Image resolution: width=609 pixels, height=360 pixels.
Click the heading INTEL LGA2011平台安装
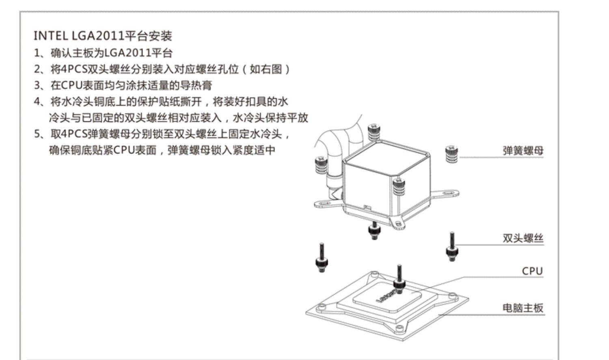(x=103, y=36)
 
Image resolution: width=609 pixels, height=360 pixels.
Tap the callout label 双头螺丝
(x=523, y=238)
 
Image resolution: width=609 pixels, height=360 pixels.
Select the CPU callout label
(x=532, y=271)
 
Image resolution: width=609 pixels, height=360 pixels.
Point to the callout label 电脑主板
(x=523, y=308)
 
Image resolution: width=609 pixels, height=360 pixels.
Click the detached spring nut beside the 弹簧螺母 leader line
(x=451, y=154)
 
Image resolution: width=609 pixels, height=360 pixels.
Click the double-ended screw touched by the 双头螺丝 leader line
(x=452, y=246)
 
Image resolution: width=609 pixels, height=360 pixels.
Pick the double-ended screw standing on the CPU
(x=399, y=279)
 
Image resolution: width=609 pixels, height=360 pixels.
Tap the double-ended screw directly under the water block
(x=374, y=231)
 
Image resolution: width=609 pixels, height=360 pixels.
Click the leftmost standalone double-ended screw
(x=322, y=257)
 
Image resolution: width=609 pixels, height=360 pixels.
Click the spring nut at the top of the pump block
(x=374, y=132)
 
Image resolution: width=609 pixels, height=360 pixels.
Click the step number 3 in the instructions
(x=37, y=85)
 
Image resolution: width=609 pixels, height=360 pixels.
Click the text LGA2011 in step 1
(x=127, y=53)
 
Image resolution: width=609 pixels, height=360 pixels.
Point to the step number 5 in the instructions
(x=37, y=134)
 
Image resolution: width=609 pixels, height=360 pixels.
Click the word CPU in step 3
(x=71, y=85)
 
